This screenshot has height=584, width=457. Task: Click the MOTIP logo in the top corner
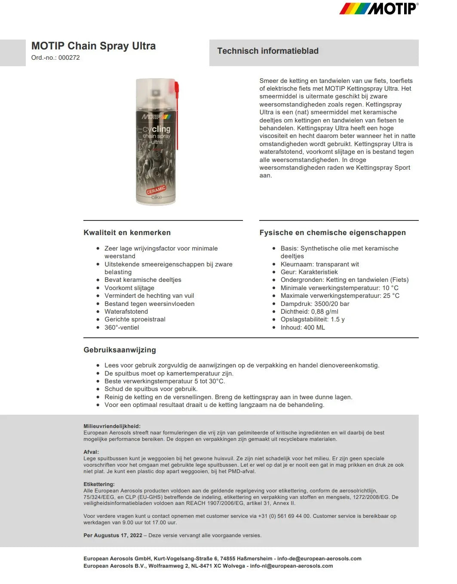[378, 9]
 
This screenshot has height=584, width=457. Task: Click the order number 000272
[69, 58]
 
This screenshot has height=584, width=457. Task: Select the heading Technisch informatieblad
[268, 51]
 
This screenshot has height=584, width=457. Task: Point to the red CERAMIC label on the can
[156, 190]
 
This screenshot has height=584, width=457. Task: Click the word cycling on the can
[156, 129]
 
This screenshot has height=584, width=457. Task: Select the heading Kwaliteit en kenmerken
[127, 232]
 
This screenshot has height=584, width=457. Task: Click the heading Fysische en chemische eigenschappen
[332, 232]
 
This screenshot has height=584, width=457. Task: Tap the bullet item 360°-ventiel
[122, 327]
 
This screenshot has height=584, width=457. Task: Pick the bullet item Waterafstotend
[126, 312]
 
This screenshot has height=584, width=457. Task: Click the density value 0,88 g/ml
[325, 312]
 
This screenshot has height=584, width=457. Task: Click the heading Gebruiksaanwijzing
[120, 350]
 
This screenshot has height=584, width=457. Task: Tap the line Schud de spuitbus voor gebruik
[151, 389]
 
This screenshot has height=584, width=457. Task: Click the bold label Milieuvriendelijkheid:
[112, 426]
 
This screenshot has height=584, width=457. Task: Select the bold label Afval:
[91, 452]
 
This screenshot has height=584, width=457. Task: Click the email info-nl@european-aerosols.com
[291, 566]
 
